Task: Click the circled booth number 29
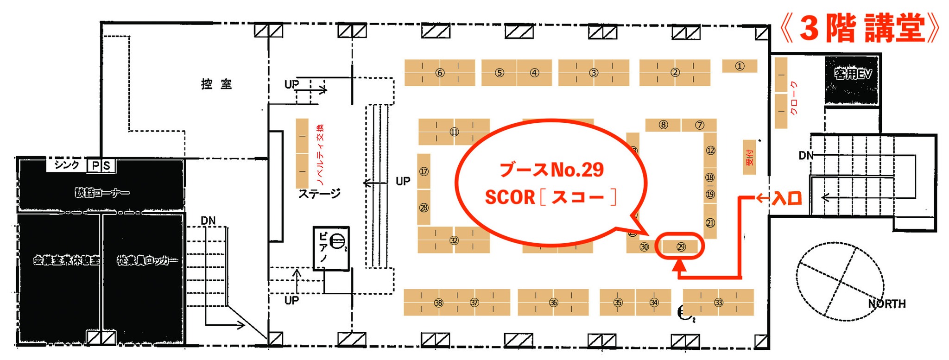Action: (681, 247)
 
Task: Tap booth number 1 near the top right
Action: (740, 66)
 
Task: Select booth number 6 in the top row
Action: (440, 73)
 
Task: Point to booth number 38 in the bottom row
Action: (438, 303)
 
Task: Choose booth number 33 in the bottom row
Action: (718, 303)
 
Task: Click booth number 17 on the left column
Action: (424, 171)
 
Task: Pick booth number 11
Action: (454, 132)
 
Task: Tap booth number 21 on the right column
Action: (710, 223)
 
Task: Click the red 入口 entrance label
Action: (786, 199)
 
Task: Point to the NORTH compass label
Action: (886, 303)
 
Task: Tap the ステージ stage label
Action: (319, 194)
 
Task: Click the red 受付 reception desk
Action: (749, 158)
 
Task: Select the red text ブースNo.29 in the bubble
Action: (551, 170)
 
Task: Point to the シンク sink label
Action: (67, 165)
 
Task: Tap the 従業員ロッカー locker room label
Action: (147, 260)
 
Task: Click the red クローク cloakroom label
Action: (793, 98)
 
